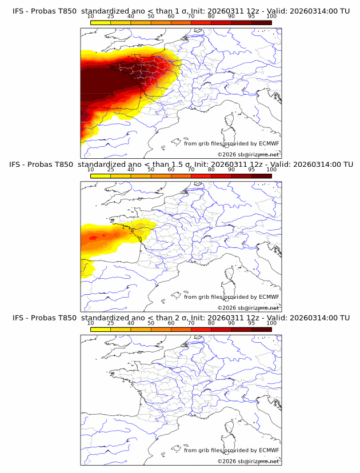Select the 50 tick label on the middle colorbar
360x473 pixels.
coord(151,169)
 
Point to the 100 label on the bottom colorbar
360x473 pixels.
coord(271,323)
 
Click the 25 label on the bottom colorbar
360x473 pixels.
coord(111,323)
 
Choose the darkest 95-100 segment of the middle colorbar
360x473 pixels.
coord(261,175)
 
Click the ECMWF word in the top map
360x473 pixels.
coord(269,144)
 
